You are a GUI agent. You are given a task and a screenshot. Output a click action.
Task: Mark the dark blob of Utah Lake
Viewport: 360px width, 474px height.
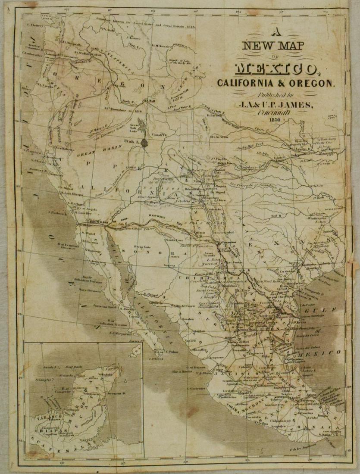coord(146,142)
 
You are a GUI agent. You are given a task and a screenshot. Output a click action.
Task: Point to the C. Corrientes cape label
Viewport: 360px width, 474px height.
coord(195,388)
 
